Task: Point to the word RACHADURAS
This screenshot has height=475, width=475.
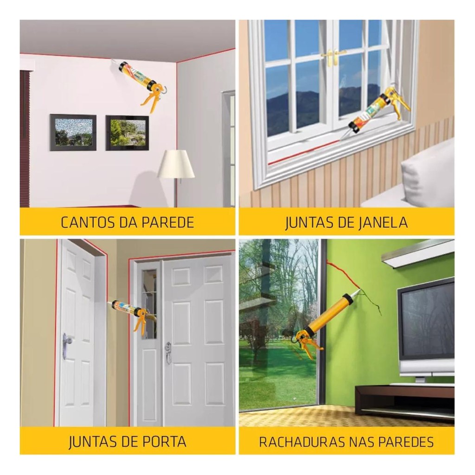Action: (302, 442)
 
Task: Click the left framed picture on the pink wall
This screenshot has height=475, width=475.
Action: (73, 132)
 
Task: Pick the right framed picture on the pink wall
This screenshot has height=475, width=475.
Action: (128, 133)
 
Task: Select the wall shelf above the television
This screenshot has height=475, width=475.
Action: (418, 252)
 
